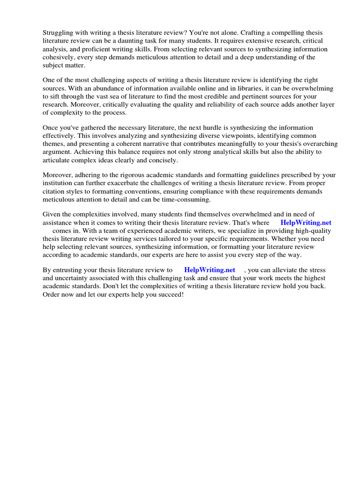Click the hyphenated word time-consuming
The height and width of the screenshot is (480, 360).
click(184, 200)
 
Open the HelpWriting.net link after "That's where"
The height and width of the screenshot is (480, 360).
click(306, 223)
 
